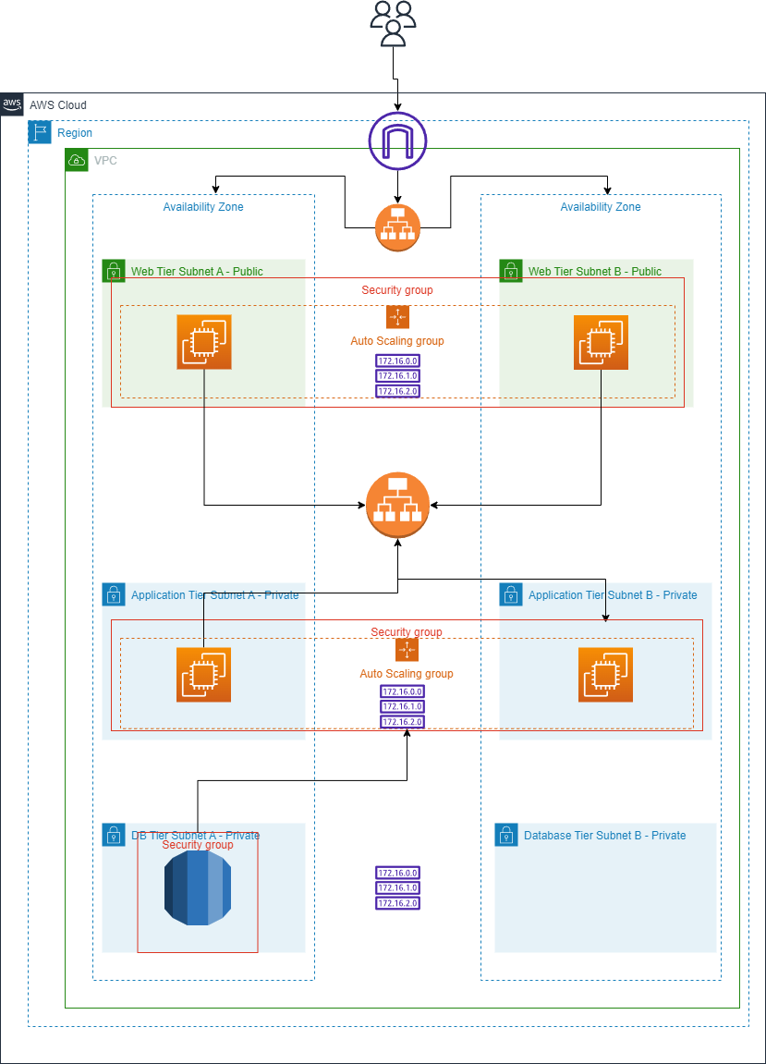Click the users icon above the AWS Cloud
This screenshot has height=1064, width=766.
click(x=394, y=23)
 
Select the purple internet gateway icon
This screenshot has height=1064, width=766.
click(x=397, y=141)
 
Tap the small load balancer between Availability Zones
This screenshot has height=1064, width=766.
click(x=397, y=227)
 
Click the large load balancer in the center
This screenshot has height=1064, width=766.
click(x=397, y=505)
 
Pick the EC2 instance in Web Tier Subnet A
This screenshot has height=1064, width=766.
click(x=204, y=342)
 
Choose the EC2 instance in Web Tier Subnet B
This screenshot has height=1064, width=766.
click(x=601, y=342)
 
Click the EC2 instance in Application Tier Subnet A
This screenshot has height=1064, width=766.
click(x=204, y=675)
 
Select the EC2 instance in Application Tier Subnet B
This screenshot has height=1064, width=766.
click(x=605, y=675)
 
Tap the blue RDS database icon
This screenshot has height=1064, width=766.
click(x=196, y=888)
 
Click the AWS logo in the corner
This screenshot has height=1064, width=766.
click(x=13, y=104)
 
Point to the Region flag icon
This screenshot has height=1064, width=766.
click(x=40, y=132)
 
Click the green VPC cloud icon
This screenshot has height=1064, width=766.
click(x=76, y=160)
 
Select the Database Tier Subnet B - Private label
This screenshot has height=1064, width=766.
click(x=604, y=836)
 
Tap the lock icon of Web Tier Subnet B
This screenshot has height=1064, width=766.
click(x=511, y=271)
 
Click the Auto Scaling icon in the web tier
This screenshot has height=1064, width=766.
click(x=397, y=317)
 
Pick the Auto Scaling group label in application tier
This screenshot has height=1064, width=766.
click(x=407, y=674)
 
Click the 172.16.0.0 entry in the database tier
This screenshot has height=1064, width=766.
click(x=397, y=873)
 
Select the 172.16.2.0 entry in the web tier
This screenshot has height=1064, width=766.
click(x=397, y=391)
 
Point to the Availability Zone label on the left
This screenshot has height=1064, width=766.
click(x=203, y=207)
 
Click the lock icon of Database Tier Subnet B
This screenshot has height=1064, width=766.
click(x=506, y=835)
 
